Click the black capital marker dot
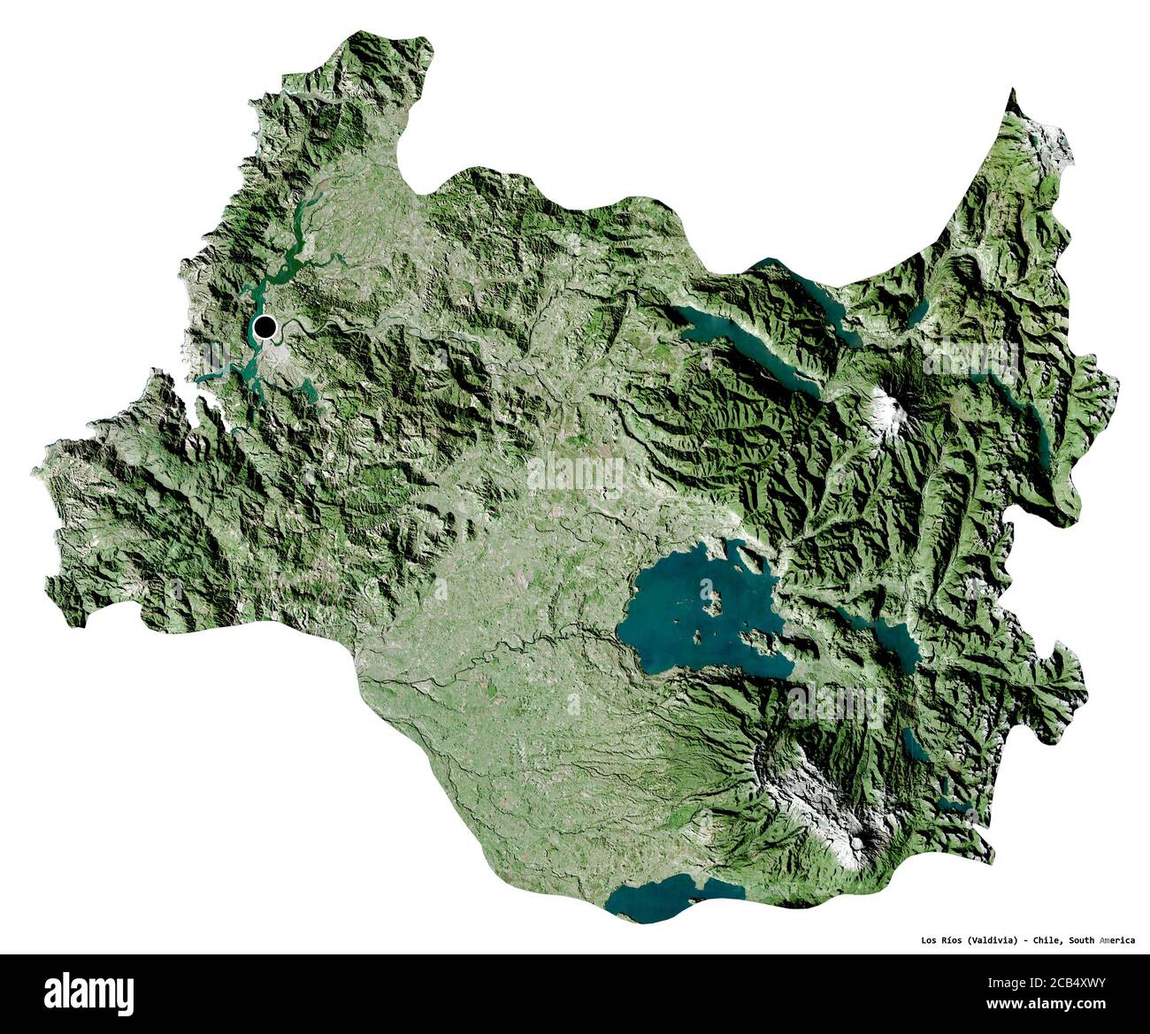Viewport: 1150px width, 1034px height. [264, 328]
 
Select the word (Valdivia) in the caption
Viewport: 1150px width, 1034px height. [992, 939]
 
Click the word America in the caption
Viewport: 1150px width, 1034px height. [1117, 939]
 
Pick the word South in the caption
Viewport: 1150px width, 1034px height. [1082, 939]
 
